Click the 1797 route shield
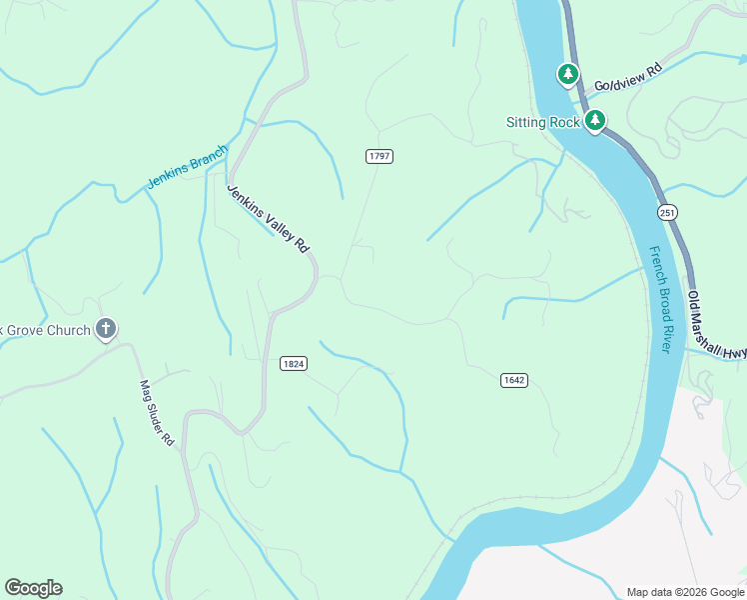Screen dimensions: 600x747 click(378, 156)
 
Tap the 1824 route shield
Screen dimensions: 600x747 click(293, 364)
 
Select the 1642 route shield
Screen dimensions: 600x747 click(513, 380)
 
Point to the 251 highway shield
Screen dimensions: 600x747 click(667, 212)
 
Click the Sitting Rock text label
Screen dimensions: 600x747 click(542, 123)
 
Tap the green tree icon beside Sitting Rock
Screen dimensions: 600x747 click(595, 122)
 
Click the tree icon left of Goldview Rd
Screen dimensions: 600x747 click(568, 74)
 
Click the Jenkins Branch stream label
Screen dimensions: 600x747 click(187, 167)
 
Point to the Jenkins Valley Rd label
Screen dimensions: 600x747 click(268, 219)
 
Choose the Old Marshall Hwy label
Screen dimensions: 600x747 click(717, 325)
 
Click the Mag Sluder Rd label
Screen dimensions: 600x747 click(157, 412)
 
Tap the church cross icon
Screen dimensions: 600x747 click(107, 328)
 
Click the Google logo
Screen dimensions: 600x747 click(33, 588)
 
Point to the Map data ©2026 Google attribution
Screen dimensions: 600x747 click(684, 592)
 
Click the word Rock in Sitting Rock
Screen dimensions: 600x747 click(564, 123)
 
